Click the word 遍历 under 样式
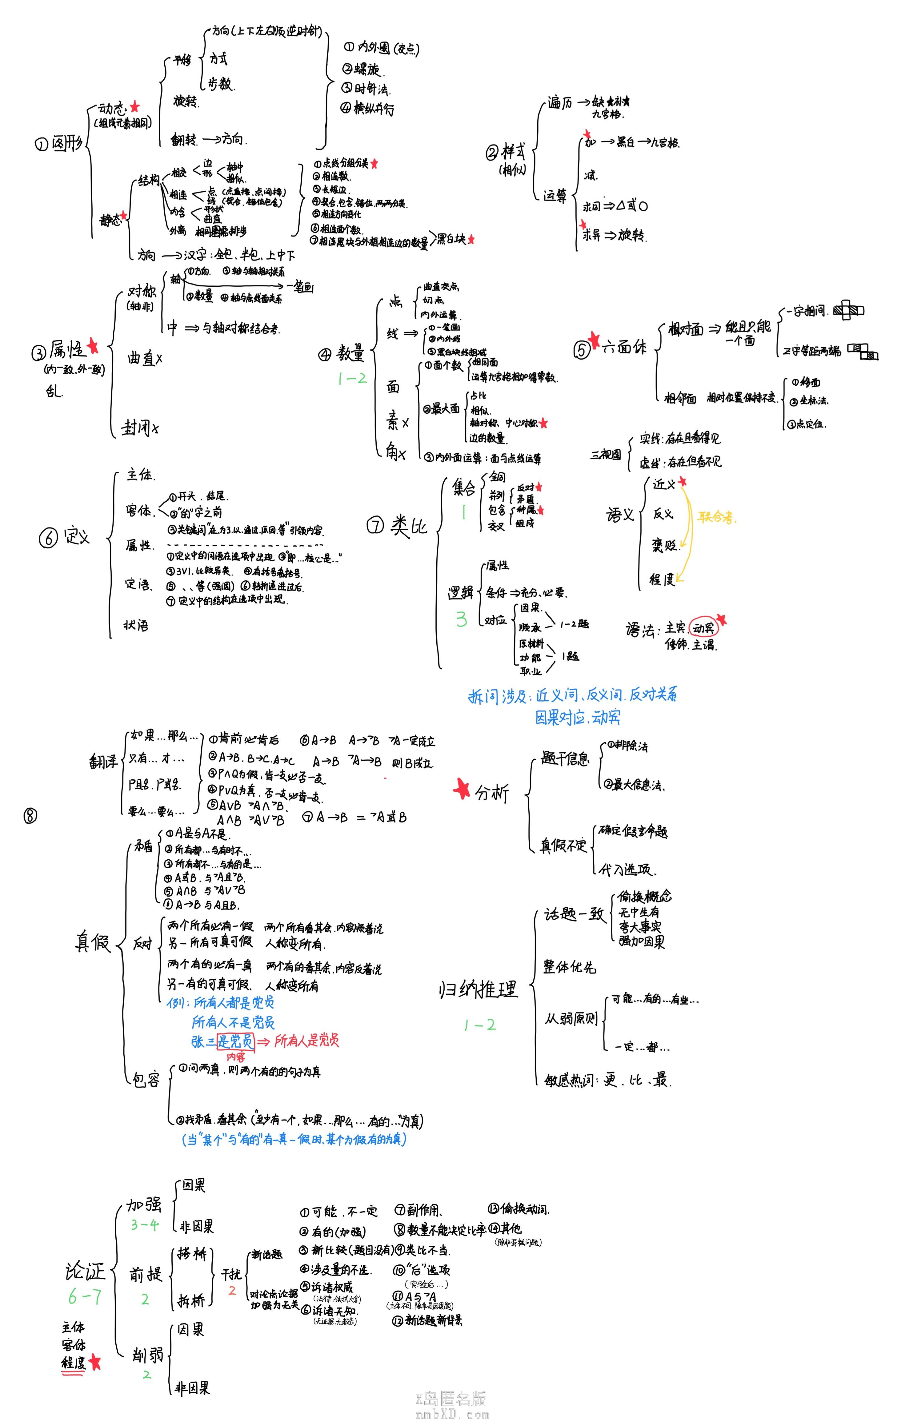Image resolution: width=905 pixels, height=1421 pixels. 560,103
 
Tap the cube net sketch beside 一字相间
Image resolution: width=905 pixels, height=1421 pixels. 850,309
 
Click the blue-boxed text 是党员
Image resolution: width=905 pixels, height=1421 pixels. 235,1041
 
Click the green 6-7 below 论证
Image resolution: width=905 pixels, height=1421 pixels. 84,1297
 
